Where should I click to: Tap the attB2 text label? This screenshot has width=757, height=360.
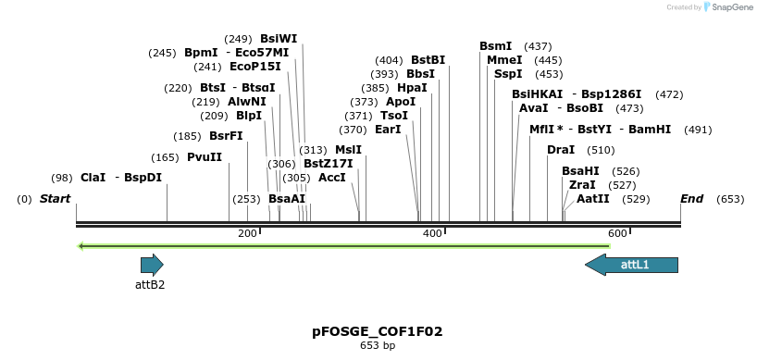[x=150, y=284]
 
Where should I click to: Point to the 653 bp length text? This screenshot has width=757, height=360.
[x=378, y=345]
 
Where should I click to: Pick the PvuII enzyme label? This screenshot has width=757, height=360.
[x=205, y=157]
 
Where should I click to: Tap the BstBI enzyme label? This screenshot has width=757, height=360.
[x=428, y=60]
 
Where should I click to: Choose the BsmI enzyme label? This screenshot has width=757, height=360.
[x=495, y=46]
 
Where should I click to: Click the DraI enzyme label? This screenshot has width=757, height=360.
[x=561, y=150]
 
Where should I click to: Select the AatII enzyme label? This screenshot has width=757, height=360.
[x=593, y=199]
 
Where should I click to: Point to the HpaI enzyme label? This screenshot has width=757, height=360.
[x=412, y=88]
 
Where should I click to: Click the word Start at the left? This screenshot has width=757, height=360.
[x=55, y=199]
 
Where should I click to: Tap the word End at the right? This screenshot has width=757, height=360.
[x=691, y=199]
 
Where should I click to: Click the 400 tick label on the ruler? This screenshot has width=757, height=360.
[x=432, y=233]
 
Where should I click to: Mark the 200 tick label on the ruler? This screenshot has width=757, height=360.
[x=247, y=233]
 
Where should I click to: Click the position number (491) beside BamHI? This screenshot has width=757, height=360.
[x=698, y=130]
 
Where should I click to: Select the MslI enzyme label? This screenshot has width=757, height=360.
[x=348, y=150]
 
